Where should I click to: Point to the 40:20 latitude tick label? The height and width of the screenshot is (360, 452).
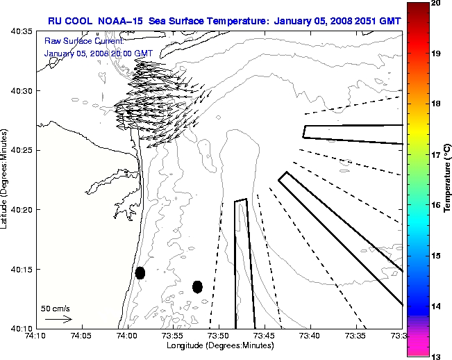click(24, 209)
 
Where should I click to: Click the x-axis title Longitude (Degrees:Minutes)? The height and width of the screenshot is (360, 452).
click(219, 345)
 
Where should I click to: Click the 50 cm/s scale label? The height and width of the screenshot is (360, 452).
click(55, 307)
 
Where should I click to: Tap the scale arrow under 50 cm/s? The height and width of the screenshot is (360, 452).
click(58, 319)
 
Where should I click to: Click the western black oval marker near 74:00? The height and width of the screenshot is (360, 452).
click(140, 272)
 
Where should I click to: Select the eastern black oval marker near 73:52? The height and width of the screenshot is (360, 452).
click(197, 286)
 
